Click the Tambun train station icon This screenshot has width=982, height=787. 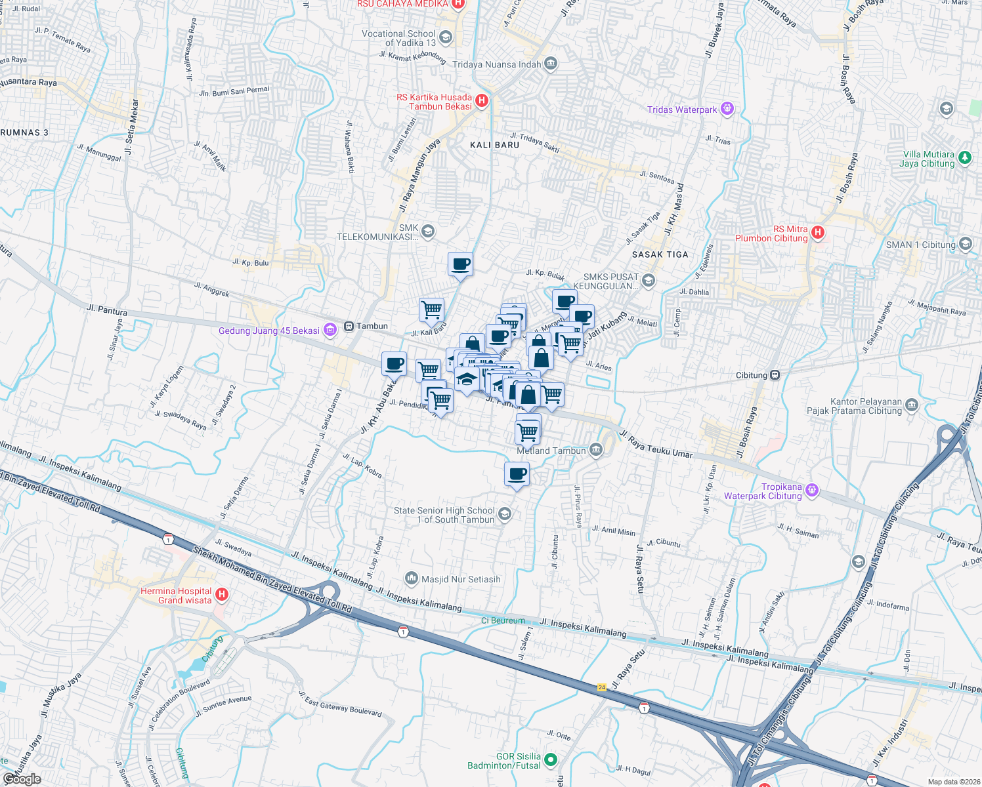(349, 326)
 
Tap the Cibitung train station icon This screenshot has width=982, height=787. (775, 375)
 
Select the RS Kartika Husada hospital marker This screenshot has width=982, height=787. (482, 101)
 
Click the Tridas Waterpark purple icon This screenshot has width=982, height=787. (727, 109)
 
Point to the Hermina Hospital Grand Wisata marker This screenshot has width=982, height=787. (222, 595)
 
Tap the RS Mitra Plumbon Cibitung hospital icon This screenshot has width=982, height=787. (817, 232)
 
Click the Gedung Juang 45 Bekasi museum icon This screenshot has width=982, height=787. (330, 330)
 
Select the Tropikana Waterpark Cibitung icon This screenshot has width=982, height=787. (812, 491)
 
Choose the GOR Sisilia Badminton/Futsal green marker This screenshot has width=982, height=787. (551, 760)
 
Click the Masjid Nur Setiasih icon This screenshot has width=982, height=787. (412, 578)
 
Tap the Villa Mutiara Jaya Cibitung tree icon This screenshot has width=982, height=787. (964, 157)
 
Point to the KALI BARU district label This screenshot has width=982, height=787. (494, 145)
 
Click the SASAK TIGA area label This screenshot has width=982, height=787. (660, 254)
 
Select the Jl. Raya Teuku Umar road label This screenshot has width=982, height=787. (656, 445)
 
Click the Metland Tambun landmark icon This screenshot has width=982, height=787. (596, 450)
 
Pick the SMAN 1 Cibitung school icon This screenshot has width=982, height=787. (965, 245)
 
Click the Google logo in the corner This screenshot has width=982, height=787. (22, 778)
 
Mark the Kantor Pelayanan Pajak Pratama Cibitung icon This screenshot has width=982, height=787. (911, 405)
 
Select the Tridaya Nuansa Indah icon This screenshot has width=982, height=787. (551, 64)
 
